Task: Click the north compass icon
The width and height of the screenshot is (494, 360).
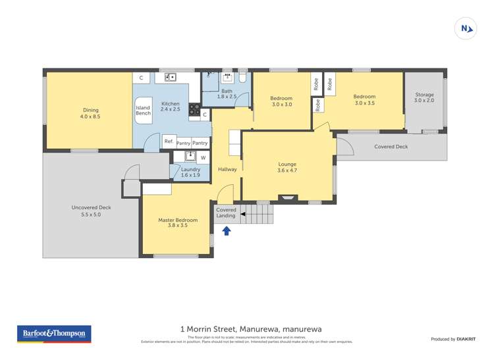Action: tap(466, 28)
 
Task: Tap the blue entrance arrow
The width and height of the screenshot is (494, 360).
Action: tap(227, 230)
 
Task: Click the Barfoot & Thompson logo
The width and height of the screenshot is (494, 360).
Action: tap(55, 334)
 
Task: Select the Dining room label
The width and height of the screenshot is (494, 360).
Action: tap(90, 113)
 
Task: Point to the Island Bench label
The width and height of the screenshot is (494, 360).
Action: tap(143, 111)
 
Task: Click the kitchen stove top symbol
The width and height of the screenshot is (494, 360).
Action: tap(194, 111)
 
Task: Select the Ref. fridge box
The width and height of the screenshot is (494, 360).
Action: tap(168, 142)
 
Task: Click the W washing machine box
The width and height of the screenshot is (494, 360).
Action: tap(203, 157)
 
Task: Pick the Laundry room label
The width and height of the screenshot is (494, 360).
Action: tap(190, 172)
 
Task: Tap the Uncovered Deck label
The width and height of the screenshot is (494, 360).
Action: tap(91, 211)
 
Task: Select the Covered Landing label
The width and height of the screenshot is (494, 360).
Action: tap(225, 213)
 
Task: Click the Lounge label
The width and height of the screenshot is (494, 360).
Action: tap(287, 167)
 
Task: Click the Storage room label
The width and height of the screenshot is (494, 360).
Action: tap(424, 97)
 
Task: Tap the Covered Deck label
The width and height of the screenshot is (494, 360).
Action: tap(391, 147)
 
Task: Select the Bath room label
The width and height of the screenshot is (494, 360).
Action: tap(227, 93)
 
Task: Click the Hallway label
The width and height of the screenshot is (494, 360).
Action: tap(227, 169)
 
